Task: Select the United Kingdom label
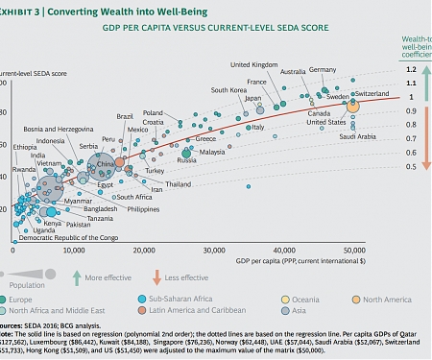(253, 64)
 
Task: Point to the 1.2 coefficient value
(410, 70)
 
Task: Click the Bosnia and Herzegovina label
(57, 129)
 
